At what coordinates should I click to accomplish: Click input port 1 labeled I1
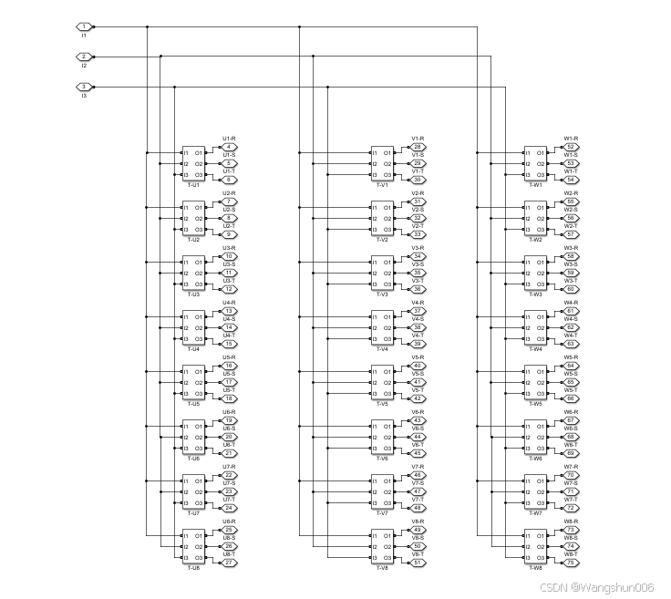click(84, 26)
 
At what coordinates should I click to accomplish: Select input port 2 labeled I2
click(84, 57)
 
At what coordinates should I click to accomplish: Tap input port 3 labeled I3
click(84, 87)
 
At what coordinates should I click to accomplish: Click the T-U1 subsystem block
click(193, 164)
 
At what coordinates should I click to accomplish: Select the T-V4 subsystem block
click(382, 328)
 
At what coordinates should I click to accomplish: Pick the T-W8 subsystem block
click(535, 547)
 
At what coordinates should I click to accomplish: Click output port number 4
click(230, 147)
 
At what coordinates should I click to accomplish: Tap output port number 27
click(230, 563)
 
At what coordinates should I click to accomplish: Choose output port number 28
click(418, 147)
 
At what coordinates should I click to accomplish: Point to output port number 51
click(418, 563)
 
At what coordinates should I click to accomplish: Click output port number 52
click(571, 147)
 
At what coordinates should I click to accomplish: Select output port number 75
click(571, 563)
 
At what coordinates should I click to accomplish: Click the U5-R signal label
click(229, 357)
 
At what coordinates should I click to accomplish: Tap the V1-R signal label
click(418, 139)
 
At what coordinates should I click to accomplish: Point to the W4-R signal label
click(571, 303)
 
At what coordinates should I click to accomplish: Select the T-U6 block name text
click(193, 459)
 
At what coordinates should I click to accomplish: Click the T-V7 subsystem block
click(382, 492)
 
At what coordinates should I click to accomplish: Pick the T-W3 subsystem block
click(535, 274)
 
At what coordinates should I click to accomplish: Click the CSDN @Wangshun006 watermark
click(596, 588)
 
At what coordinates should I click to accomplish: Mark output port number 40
click(418, 366)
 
